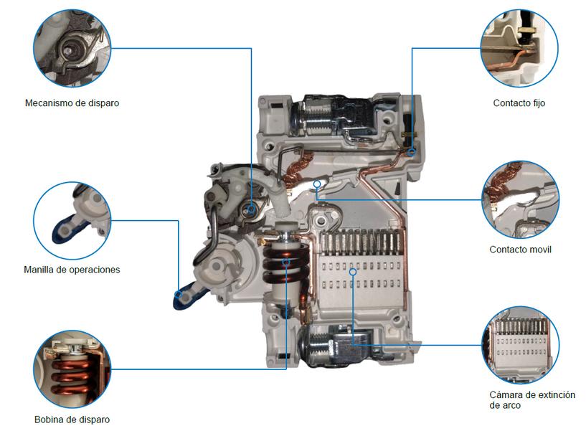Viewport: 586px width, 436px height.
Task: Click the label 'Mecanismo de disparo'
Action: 72,103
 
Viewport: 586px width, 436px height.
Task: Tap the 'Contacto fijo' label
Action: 519,103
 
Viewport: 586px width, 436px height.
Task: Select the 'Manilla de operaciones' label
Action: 72,270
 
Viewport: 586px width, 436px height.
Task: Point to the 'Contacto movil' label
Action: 520,250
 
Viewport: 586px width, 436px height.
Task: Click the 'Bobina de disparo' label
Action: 72,420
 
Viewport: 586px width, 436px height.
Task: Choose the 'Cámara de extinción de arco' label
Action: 531,400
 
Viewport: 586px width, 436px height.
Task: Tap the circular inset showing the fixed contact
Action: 519,46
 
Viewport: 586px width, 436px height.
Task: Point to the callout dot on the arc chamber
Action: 352,271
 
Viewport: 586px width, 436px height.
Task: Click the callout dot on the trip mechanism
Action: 251,209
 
